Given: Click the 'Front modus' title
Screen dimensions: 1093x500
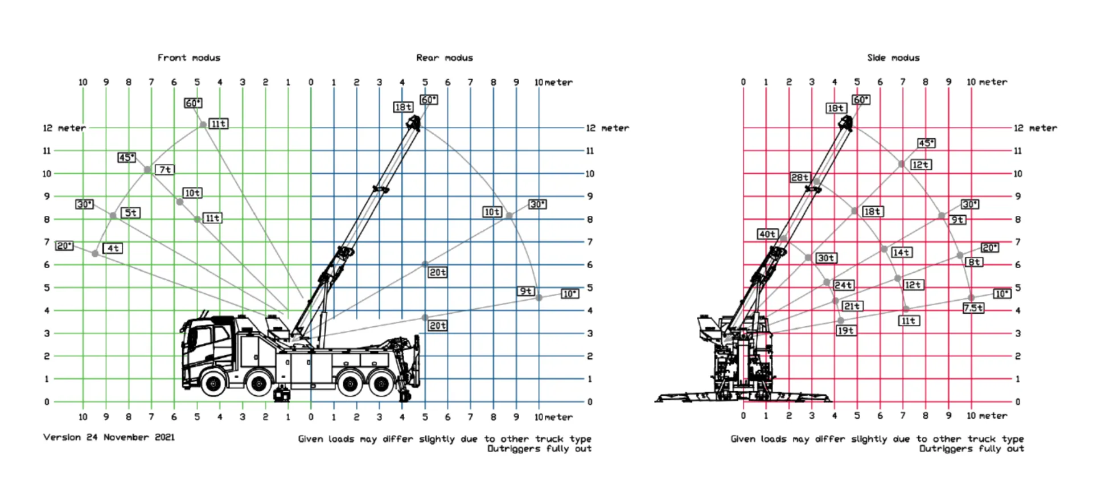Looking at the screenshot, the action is [189, 58].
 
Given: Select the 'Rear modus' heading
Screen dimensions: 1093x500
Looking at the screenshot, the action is [445, 58].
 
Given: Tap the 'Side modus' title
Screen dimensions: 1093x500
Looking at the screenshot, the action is [893, 58].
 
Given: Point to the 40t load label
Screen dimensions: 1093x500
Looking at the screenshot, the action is [767, 234].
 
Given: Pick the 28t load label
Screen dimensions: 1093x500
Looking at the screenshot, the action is [800, 177].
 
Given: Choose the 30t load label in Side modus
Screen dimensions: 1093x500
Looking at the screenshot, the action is [826, 258].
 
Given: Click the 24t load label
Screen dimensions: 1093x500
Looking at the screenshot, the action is [844, 285].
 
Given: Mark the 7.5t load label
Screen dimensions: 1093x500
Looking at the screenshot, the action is [973, 308].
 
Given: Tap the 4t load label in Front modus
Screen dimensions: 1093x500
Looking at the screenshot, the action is [113, 248].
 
